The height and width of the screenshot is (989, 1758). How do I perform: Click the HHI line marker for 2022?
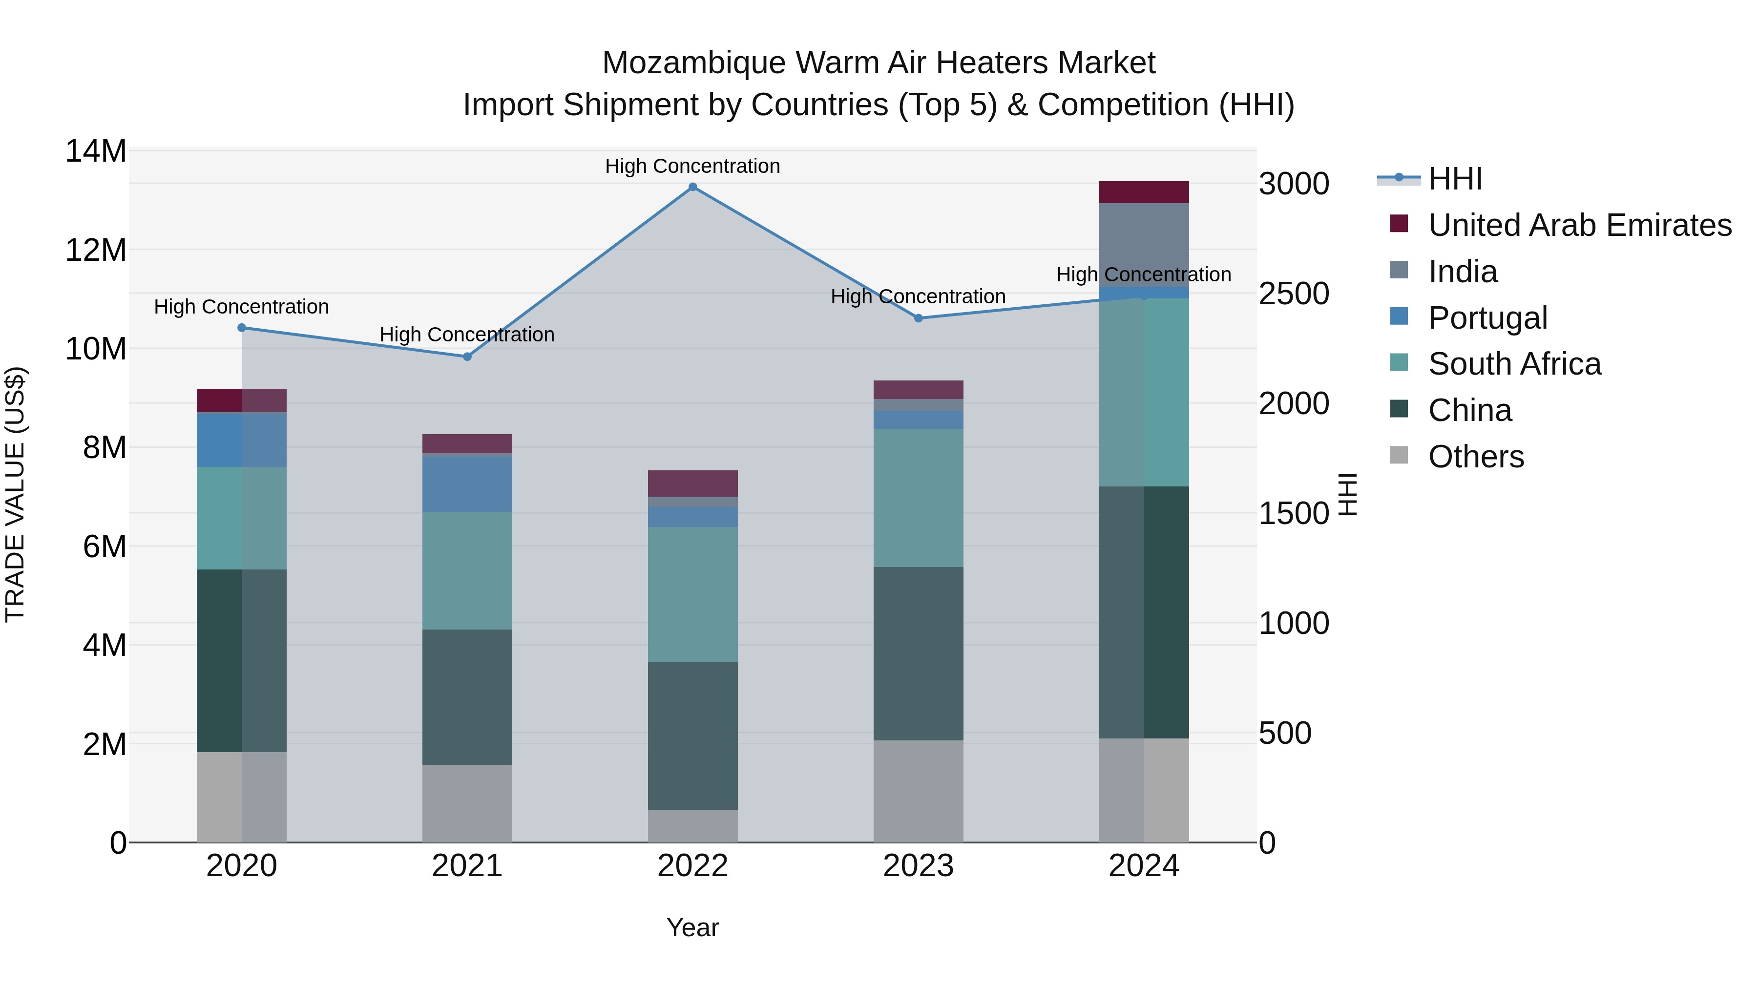tap(692, 187)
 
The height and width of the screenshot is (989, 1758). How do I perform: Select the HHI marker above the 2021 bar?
tap(467, 357)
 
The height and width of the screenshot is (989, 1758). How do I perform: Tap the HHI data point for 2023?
tap(918, 318)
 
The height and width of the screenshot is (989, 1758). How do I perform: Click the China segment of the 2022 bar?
tap(692, 736)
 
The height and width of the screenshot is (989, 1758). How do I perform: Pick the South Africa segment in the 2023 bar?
tap(918, 498)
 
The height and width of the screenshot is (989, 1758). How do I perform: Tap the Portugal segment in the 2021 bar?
tap(467, 483)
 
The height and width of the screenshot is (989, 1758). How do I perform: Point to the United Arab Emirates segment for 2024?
tap(1144, 192)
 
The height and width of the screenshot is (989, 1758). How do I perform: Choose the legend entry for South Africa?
tap(1514, 364)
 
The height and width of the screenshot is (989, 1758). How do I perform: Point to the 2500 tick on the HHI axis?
tap(1293, 294)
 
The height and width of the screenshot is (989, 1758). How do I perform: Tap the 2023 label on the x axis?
tap(918, 866)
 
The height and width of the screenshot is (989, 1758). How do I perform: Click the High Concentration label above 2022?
tap(692, 166)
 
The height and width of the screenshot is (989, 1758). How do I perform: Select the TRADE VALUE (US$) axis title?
tap(15, 494)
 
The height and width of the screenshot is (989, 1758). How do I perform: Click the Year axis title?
tap(692, 927)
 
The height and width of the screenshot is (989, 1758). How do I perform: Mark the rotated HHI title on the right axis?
tap(1347, 494)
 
